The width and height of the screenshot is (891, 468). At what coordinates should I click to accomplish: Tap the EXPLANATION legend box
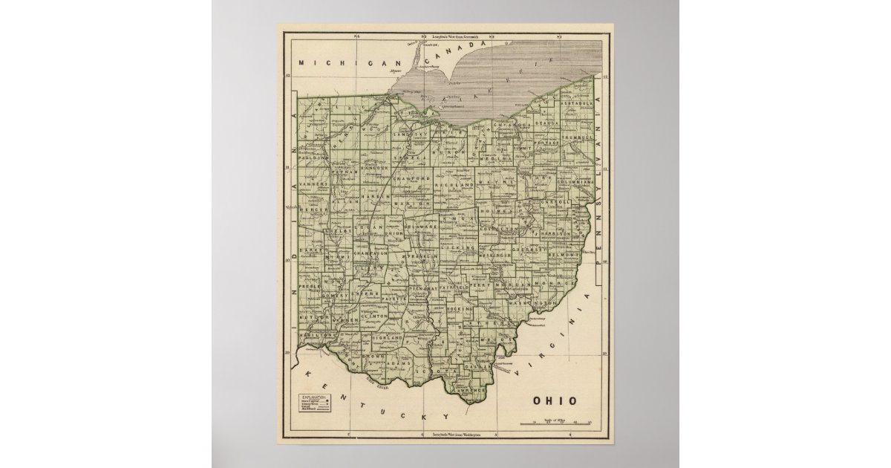[x=313, y=404]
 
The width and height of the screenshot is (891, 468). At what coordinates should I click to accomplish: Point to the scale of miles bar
[x=556, y=424]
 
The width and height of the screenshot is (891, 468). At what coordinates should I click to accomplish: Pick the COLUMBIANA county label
[x=581, y=181]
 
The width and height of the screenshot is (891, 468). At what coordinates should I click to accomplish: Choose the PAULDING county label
[x=312, y=158]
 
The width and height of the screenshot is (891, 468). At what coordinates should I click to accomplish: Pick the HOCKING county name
[x=460, y=308]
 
